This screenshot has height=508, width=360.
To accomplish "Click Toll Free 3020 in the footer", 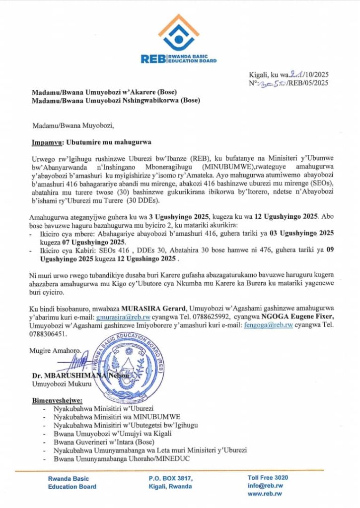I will pos(268,477).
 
